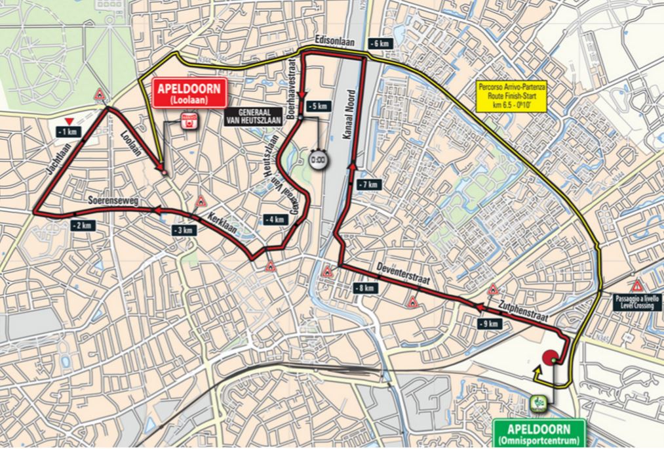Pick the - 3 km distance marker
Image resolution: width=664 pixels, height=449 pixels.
pos(184,230)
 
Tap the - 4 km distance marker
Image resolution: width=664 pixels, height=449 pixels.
pos(275,219)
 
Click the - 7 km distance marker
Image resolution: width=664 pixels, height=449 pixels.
pos(368,185)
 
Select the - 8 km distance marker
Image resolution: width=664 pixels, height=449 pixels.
pos(364,288)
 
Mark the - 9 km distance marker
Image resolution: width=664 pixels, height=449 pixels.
pos(490,324)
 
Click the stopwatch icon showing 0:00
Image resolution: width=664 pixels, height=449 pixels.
pos(317,160)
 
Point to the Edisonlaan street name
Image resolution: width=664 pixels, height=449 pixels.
pos(334,40)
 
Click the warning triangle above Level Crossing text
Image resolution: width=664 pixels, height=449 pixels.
pos(636,286)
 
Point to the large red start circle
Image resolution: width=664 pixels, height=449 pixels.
pos(550,358)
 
